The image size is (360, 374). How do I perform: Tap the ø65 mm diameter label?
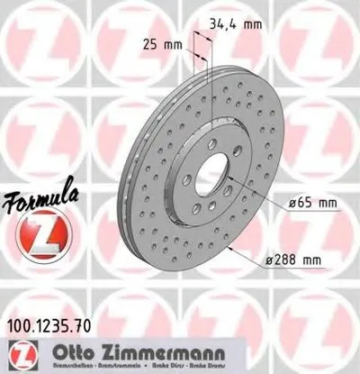coord(311,205)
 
